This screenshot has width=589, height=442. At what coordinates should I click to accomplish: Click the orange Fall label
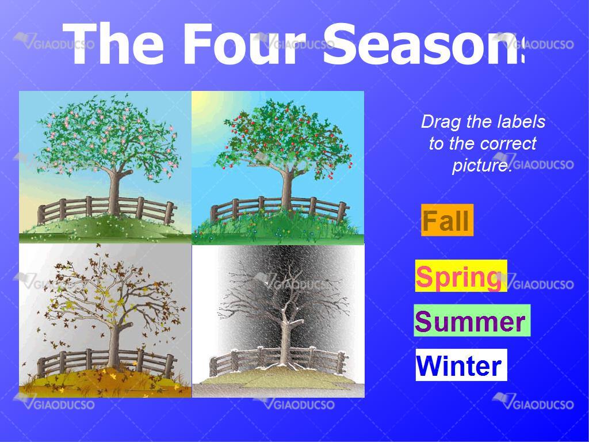point(447,220)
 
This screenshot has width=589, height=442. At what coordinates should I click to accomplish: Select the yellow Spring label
point(461,276)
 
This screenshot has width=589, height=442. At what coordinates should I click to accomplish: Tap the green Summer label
point(472,321)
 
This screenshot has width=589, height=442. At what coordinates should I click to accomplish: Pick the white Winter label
point(461,364)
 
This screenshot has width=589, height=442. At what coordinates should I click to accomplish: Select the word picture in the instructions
point(483,165)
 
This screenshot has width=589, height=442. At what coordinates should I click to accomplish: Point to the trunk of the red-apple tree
point(288,190)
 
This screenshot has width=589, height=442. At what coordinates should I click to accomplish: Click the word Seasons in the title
point(423,44)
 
